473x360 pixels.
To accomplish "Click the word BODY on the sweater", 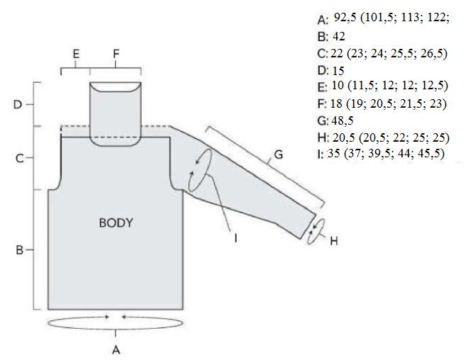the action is click(116, 223).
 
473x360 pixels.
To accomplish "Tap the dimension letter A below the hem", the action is click(116, 350).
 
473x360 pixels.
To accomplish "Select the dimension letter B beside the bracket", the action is click(19, 250).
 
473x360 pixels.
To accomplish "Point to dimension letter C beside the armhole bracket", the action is click(19, 158).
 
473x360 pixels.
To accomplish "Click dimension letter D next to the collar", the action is click(18, 105).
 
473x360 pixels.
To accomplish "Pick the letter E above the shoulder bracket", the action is click(76, 54).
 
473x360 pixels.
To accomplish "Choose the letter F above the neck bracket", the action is click(116, 54).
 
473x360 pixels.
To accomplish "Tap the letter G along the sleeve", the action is click(279, 154).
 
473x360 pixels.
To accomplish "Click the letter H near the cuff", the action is click(334, 241).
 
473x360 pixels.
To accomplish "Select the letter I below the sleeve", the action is click(235, 238).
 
